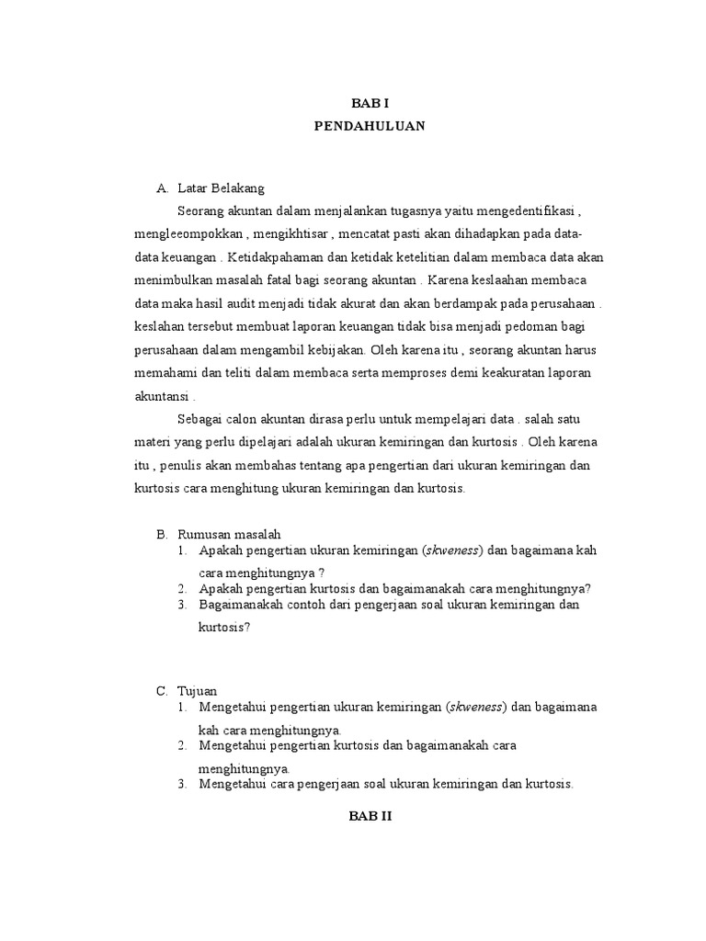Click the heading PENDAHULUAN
pyautogui.click(x=370, y=127)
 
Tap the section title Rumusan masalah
pyautogui.click(x=229, y=533)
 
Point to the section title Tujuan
pyautogui.click(x=198, y=689)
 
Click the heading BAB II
pyautogui.click(x=370, y=815)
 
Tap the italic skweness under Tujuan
pyautogui.click(x=474, y=707)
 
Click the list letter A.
pyautogui.click(x=162, y=188)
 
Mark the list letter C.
pyautogui.click(x=162, y=689)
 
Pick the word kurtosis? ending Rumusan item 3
pyautogui.click(x=224, y=629)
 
